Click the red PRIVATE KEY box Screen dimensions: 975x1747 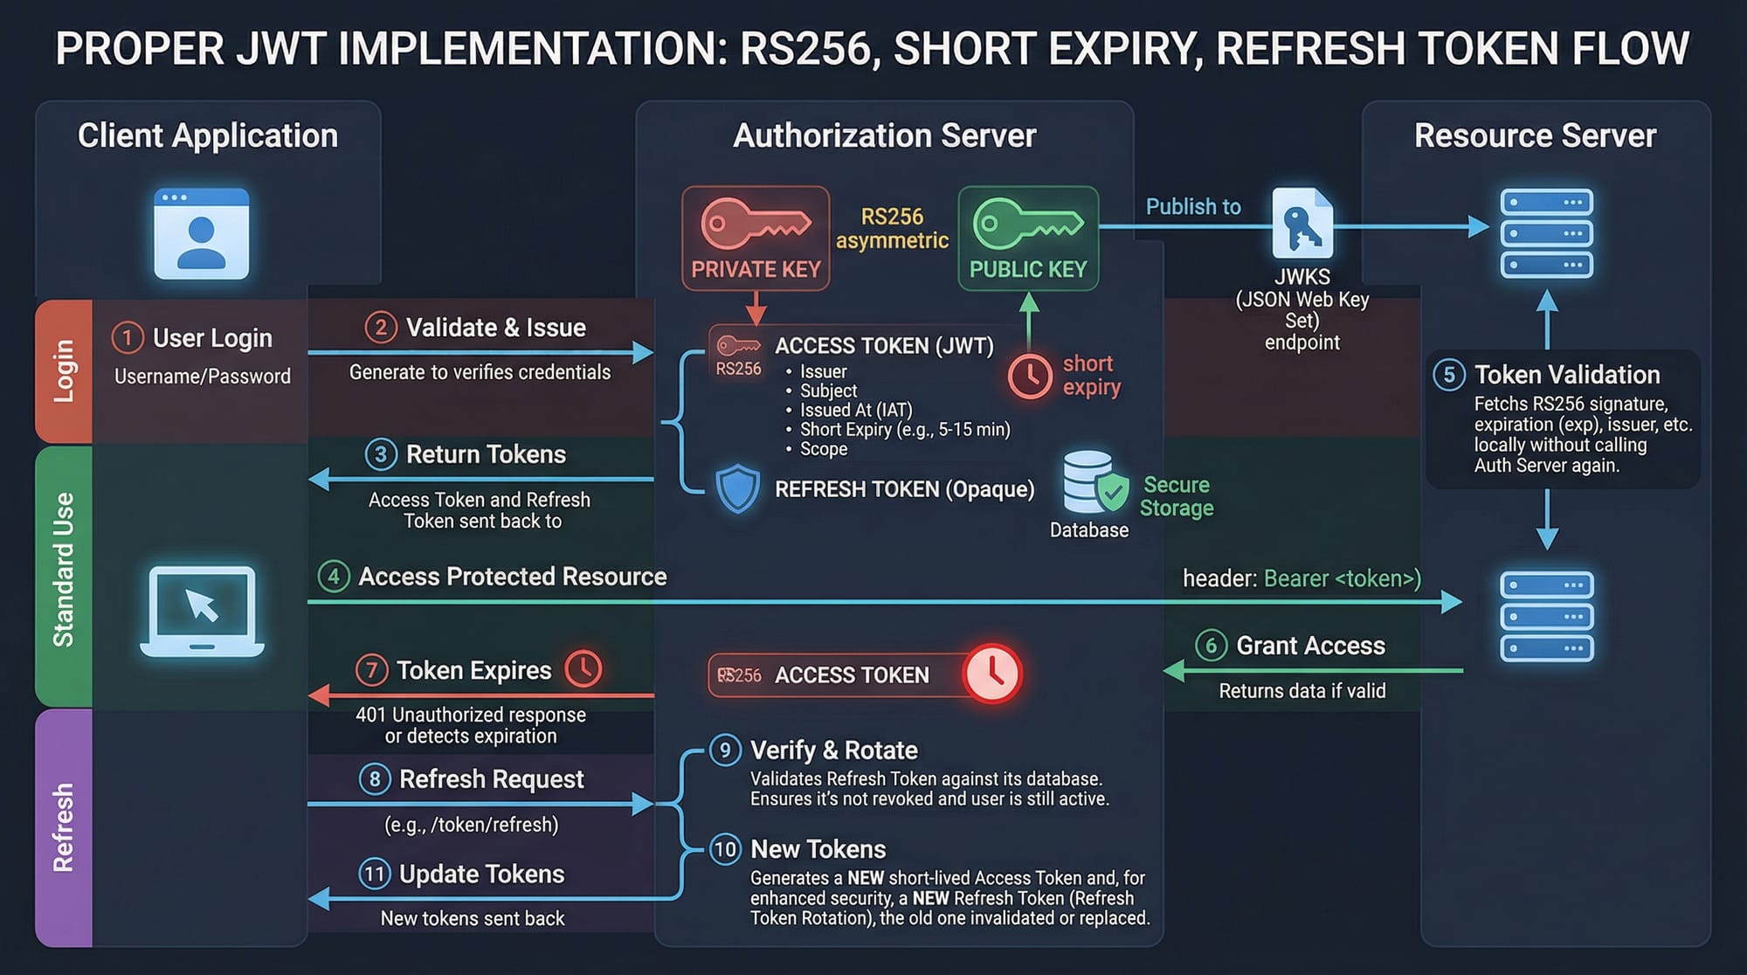pos(756,238)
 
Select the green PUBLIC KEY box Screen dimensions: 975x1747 pos(1028,238)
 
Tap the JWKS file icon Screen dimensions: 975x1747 pos(1302,224)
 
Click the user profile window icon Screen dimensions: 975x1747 pos(202,233)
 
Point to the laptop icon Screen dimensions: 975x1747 pos(202,611)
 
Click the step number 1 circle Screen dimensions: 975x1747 pos(128,338)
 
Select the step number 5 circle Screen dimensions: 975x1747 pos(1449,375)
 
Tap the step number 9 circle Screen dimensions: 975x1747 pos(725,750)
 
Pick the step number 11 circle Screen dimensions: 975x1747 pos(375,874)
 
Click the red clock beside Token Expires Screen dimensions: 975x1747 pos(583,669)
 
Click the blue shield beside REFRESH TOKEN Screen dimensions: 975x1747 pos(737,488)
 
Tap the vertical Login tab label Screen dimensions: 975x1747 pos(64,371)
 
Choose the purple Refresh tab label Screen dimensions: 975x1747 pos(64,827)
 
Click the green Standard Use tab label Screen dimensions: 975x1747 pos(64,570)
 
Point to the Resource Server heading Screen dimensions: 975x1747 pos(1535,136)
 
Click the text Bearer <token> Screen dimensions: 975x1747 pos(1342,578)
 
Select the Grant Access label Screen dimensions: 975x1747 pos(1310,646)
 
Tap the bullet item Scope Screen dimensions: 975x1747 pos(824,449)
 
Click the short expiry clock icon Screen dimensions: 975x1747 pos(1030,377)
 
